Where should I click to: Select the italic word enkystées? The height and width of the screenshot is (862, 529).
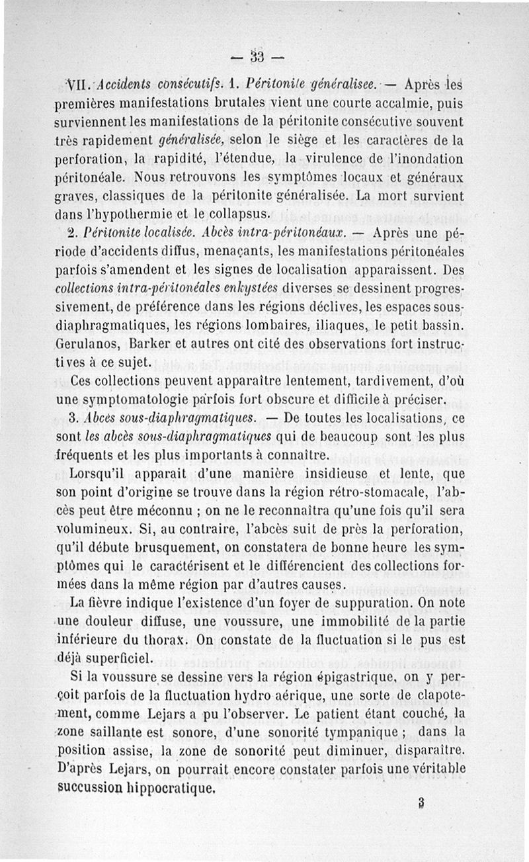click(x=239, y=289)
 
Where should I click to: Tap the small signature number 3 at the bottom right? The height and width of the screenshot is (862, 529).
click(x=421, y=802)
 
